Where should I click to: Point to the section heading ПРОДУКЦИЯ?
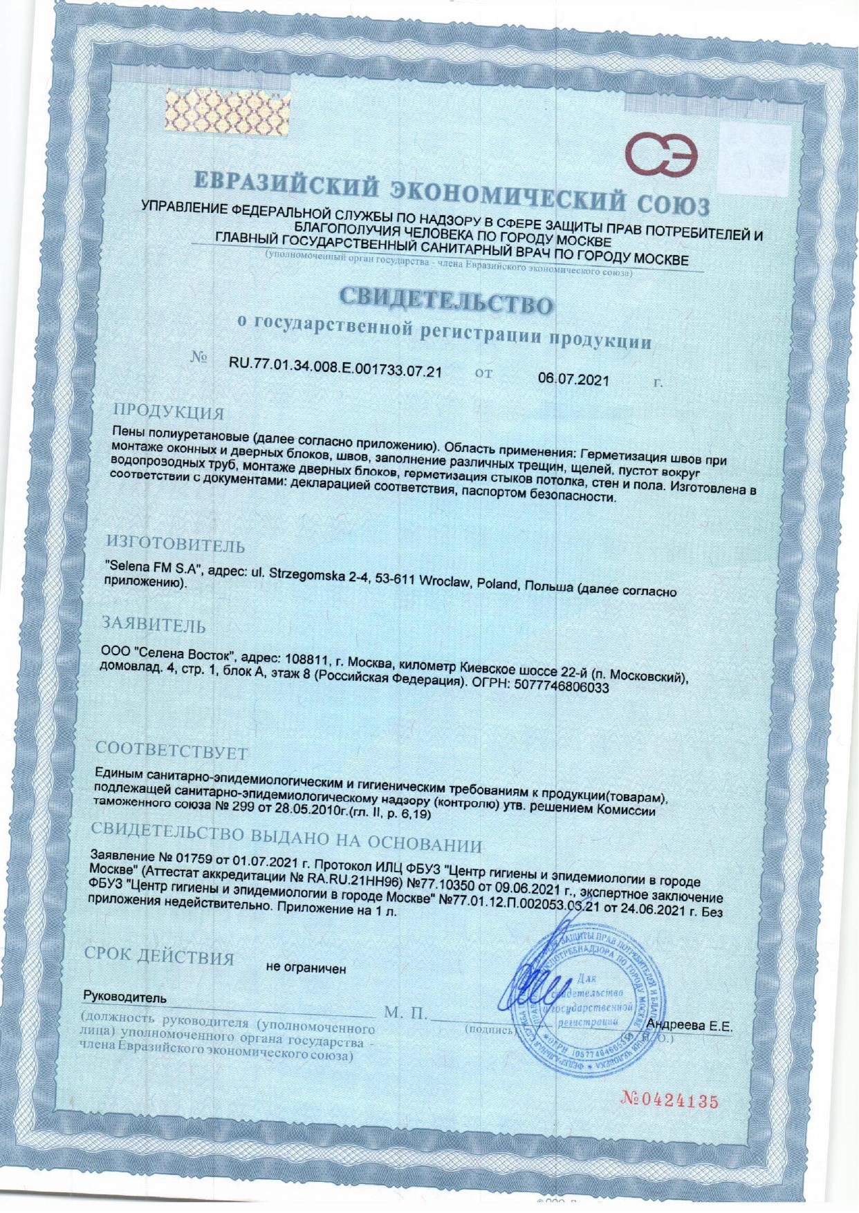[169, 412]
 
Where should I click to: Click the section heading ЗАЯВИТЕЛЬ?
[154, 624]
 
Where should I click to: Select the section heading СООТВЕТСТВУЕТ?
[172, 749]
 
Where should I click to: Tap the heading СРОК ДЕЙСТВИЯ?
[159, 957]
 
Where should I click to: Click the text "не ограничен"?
[306, 968]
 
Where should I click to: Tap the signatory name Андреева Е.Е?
[688, 1026]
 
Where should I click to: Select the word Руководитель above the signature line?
[124, 998]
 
